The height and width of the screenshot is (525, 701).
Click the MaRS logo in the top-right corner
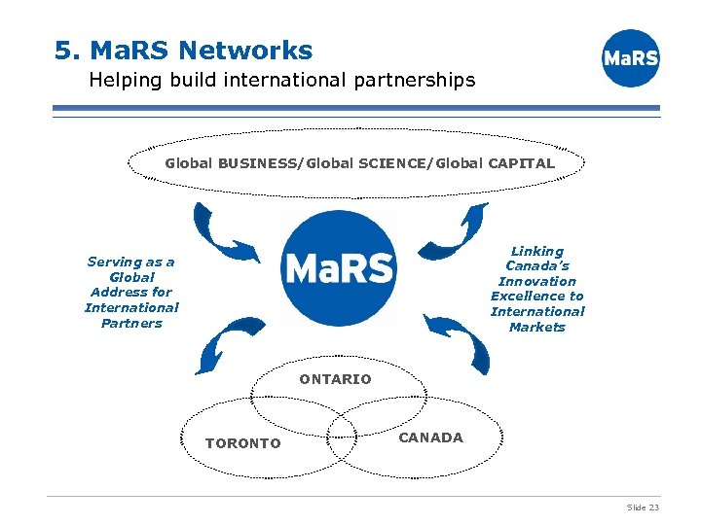tap(631, 58)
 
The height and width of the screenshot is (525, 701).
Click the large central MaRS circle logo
tap(339, 268)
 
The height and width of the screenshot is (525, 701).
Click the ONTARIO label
tap(335, 379)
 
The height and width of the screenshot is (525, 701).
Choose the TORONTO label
tap(242, 443)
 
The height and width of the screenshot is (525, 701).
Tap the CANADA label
tap(430, 437)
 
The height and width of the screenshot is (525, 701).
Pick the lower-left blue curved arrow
tap(222, 344)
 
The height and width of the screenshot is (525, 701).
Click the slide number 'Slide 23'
tap(643, 507)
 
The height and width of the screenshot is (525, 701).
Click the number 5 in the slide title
tap(63, 50)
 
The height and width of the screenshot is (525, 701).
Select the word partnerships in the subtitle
tap(414, 80)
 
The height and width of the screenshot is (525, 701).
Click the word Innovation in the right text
tap(537, 281)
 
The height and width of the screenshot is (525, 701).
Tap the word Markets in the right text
tap(537, 327)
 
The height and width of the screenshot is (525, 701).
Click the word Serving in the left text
tap(114, 262)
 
